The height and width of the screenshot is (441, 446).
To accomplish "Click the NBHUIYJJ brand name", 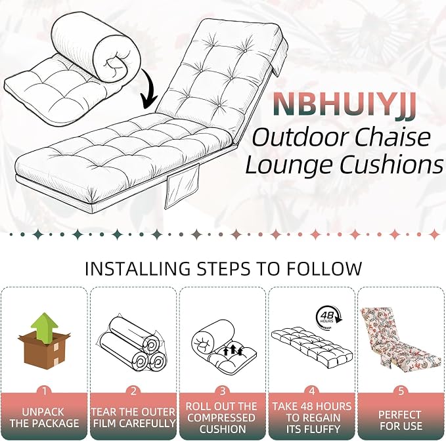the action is pyautogui.click(x=344, y=104).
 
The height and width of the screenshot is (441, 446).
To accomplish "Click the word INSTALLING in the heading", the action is pyautogui.click(x=137, y=268).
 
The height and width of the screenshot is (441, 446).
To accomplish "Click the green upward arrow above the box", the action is pyautogui.click(x=45, y=327).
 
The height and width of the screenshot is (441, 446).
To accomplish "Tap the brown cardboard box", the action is pyautogui.click(x=45, y=350).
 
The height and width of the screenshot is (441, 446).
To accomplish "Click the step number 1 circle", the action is pyautogui.click(x=45, y=391).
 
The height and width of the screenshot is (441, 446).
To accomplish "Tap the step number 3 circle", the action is pyautogui.click(x=223, y=391).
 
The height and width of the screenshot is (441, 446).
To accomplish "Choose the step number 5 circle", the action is pyautogui.click(x=401, y=391).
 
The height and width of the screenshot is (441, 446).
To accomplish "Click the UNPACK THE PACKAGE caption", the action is pyautogui.click(x=45, y=417).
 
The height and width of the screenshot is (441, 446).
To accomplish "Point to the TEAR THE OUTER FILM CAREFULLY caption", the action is pyautogui.click(x=133, y=417).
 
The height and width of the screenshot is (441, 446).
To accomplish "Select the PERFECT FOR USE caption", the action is pyautogui.click(x=401, y=420).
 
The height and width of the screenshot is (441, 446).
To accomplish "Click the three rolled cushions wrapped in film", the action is pyautogui.click(x=131, y=345).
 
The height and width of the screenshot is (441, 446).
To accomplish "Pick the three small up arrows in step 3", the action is pyautogui.click(x=233, y=350).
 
